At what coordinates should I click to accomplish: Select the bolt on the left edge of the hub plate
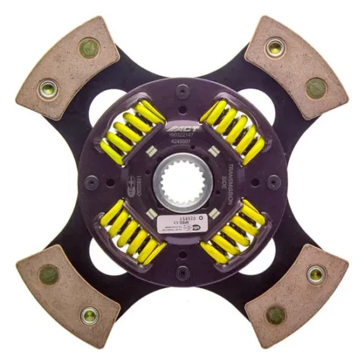click(x=93, y=182)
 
